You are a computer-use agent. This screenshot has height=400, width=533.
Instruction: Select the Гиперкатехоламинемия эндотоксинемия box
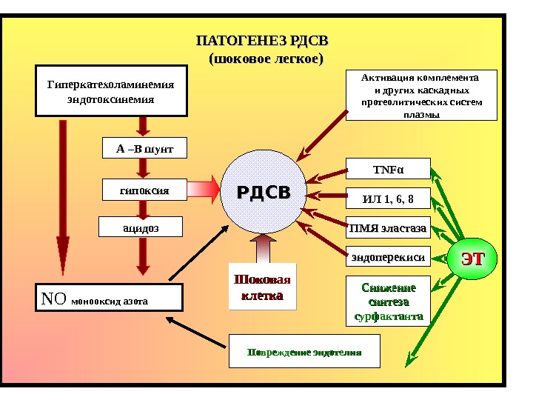point(111,91)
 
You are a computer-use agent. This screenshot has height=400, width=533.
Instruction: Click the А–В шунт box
point(144,148)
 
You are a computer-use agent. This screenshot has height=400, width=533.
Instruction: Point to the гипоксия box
point(144,191)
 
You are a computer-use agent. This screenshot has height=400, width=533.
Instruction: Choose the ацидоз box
point(141,227)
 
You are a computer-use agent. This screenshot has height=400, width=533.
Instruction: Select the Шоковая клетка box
point(263,287)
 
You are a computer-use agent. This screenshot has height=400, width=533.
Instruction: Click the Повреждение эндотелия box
point(304,351)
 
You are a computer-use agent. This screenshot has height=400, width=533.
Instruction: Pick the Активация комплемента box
point(420,96)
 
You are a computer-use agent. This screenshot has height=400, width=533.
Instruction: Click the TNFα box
point(388,170)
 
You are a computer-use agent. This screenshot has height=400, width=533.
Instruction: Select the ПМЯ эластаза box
point(388,228)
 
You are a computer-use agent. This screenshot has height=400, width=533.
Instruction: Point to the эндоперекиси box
point(388,257)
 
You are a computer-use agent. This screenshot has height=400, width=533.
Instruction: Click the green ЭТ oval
point(472,259)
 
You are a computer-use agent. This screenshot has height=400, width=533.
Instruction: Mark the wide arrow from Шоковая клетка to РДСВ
point(263,247)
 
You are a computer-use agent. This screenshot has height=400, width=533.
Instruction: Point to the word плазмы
point(420,116)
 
